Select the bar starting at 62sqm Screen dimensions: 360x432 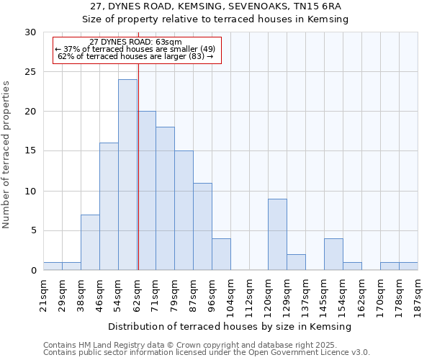(x=146, y=191)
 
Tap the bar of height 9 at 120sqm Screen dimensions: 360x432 (x=277, y=235)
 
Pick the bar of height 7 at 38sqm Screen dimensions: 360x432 (x=90, y=243)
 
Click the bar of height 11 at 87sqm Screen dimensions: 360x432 (x=202, y=227)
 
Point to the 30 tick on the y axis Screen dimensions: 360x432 (x=30, y=32)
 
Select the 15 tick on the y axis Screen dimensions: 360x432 (x=30, y=151)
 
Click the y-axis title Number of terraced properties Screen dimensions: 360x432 (x=7, y=154)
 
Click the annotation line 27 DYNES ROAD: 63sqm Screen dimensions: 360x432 (x=135, y=42)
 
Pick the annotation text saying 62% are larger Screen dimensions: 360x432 (x=135, y=56)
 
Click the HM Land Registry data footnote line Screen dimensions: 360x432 (x=206, y=345)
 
